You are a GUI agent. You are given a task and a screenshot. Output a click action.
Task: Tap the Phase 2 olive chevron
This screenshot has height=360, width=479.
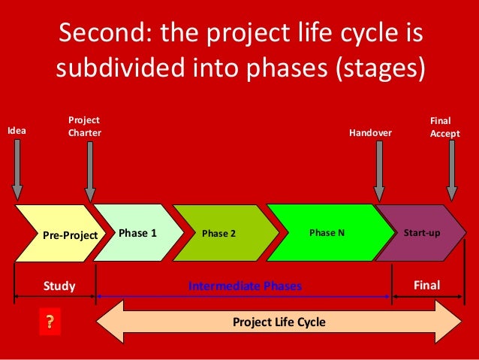(x=219, y=233)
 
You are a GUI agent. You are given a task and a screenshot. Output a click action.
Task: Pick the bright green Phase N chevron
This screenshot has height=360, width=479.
(x=327, y=232)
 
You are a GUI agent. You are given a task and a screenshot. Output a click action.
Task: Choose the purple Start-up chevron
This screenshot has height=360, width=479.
(x=420, y=232)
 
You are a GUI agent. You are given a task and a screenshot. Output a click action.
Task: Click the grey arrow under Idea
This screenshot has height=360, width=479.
(x=17, y=170)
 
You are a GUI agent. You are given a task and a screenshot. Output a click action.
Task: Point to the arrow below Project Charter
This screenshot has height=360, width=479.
(x=90, y=171)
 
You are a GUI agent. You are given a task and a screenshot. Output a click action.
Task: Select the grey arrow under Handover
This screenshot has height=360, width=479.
(x=379, y=171)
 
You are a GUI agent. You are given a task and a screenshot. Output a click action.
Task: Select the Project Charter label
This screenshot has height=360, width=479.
(x=84, y=126)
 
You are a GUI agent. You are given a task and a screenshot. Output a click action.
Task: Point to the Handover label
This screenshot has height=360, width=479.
(x=371, y=133)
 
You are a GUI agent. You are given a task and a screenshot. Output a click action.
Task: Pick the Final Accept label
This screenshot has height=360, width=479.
(x=444, y=126)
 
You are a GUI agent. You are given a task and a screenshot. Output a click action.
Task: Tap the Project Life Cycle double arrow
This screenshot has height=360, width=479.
(x=279, y=322)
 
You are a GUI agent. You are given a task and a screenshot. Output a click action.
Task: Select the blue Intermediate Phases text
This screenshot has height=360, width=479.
(x=245, y=286)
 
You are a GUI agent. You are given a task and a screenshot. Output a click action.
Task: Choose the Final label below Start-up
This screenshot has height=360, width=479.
(x=426, y=285)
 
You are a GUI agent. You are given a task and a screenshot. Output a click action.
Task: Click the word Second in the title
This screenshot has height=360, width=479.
(x=104, y=35)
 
